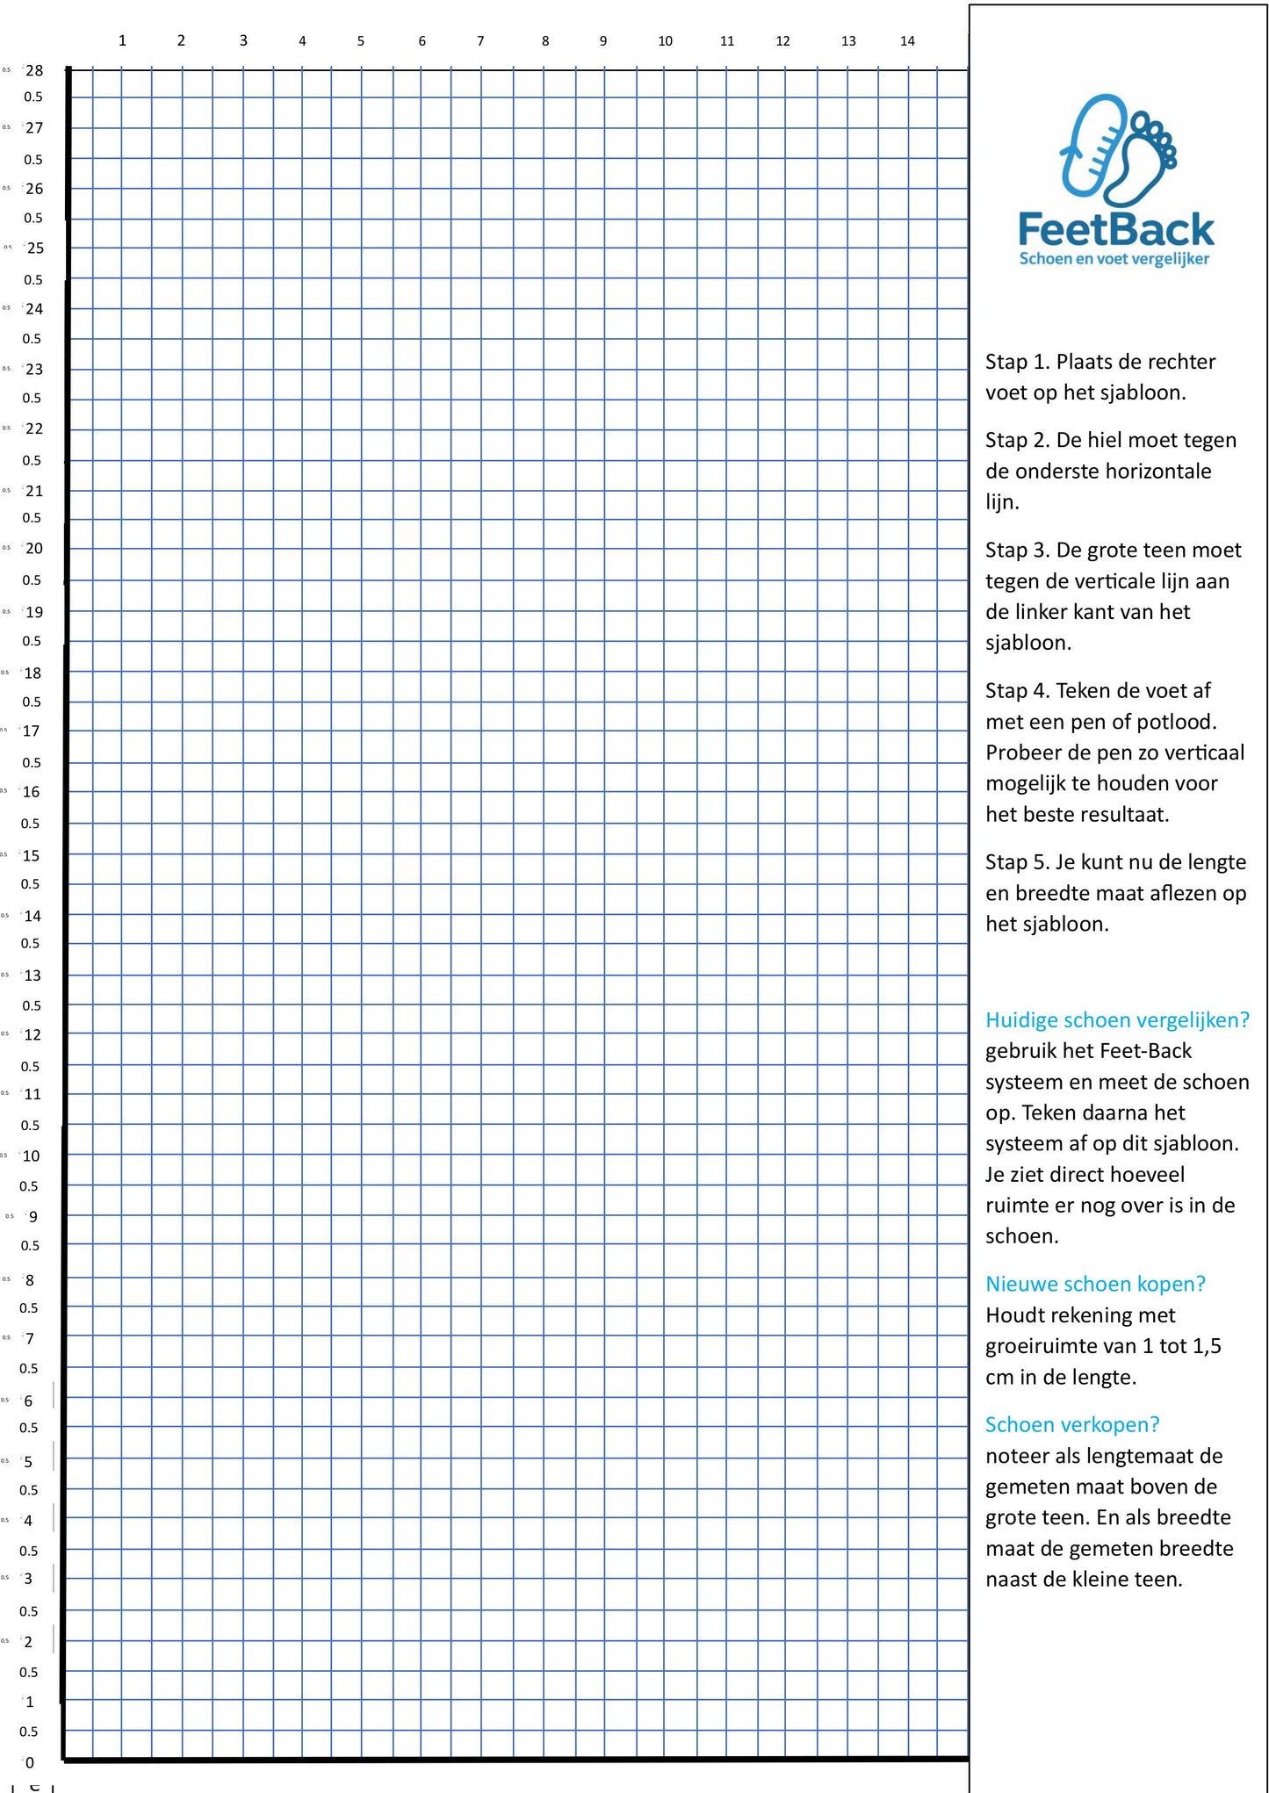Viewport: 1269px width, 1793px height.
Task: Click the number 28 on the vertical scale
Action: [34, 70]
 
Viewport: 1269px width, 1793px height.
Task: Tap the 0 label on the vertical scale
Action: [29, 1762]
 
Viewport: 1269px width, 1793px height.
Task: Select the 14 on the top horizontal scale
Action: [907, 41]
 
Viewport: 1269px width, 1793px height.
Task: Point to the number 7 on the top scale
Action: [480, 41]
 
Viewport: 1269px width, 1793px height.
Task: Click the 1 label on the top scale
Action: [122, 40]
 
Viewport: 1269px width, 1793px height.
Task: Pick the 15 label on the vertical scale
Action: [31, 855]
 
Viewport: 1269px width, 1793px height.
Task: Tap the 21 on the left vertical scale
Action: [34, 491]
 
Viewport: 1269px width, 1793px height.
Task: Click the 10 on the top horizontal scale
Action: [665, 41]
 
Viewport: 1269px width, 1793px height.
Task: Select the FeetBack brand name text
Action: [1115, 230]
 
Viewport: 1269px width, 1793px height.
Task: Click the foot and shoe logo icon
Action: [1118, 148]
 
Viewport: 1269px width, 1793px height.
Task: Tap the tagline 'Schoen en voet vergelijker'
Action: [1114, 259]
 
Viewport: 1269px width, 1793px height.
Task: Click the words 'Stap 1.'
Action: [1017, 362]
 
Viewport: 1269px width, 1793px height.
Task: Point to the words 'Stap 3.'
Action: [1017, 551]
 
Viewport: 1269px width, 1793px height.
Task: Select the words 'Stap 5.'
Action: [1017, 862]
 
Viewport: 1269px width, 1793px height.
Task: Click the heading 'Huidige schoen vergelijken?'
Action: [1117, 1020]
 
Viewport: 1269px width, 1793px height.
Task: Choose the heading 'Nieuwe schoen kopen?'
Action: [1095, 1285]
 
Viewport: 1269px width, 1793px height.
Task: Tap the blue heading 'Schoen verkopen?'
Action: [1072, 1425]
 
